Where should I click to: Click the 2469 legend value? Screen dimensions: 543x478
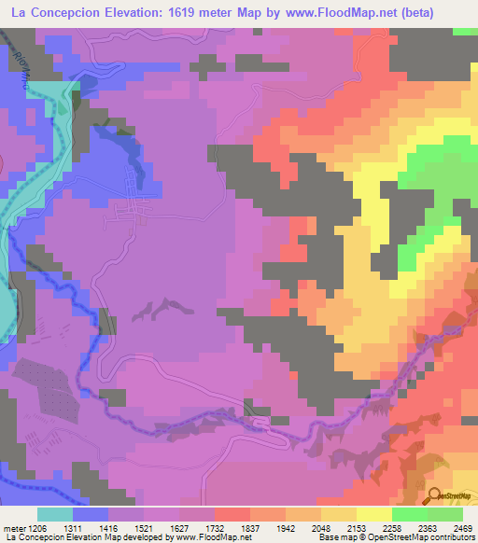coord(460,527)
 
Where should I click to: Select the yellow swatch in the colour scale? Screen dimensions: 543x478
coord(373,514)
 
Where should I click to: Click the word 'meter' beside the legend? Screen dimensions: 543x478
coord(15,527)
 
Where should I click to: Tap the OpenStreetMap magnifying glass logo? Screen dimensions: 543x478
coord(436,494)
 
